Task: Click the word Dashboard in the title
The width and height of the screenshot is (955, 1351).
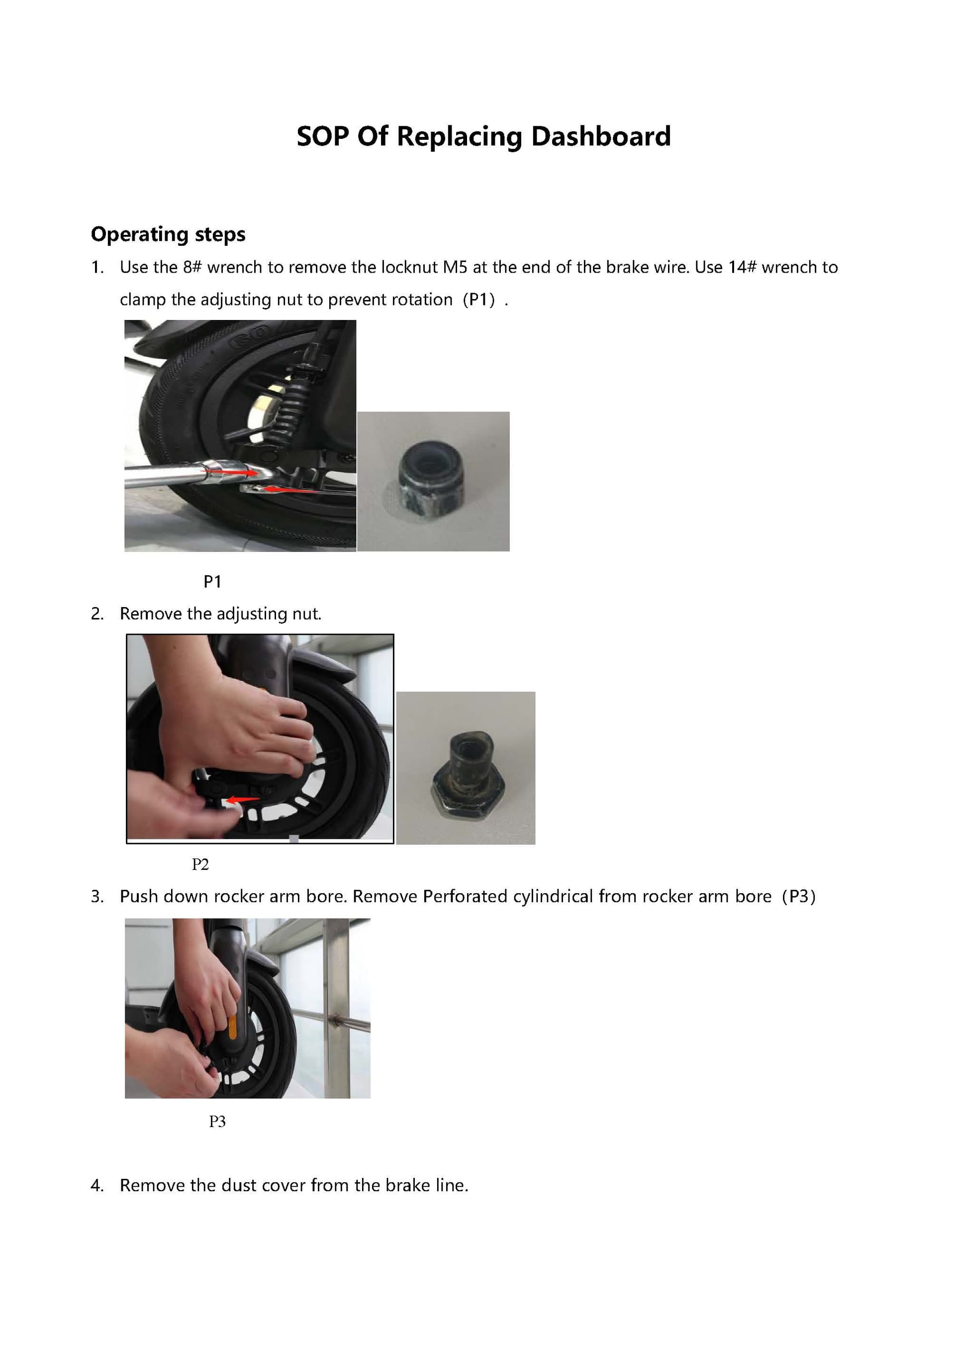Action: [x=600, y=136]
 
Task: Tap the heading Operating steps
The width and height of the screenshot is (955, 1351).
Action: [x=168, y=234]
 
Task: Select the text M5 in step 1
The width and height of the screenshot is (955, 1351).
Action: [x=455, y=267]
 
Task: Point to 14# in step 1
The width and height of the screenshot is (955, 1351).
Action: [x=742, y=267]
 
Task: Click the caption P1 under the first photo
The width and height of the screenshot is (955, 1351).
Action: [x=212, y=581]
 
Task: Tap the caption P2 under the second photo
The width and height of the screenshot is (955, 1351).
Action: [x=200, y=864]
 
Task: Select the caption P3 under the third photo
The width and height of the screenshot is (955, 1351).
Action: [x=217, y=1121]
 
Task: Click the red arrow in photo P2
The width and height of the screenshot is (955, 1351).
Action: [x=243, y=800]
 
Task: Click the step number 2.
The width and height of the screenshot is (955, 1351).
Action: [x=97, y=614]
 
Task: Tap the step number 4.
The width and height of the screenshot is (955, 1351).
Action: [x=97, y=1185]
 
